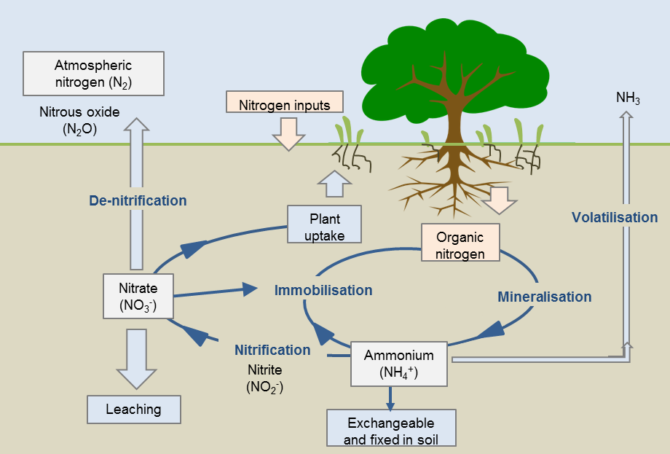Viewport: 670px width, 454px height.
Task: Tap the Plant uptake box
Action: click(x=324, y=224)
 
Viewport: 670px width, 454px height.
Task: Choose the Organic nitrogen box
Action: click(x=460, y=243)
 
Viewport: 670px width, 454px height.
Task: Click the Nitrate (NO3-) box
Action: click(x=138, y=297)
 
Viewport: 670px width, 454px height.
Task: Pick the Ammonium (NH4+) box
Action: click(x=399, y=364)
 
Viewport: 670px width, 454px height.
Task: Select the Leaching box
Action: click(x=133, y=409)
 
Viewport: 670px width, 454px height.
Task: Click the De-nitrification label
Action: click(x=138, y=200)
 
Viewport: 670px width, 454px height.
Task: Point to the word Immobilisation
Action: click(x=323, y=290)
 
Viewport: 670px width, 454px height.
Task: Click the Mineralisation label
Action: click(x=544, y=297)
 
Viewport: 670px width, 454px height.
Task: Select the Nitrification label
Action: click(x=272, y=350)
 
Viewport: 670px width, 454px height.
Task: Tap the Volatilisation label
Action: click(x=614, y=217)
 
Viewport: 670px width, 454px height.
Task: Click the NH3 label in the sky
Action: click(x=628, y=98)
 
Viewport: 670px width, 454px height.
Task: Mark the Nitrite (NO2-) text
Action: click(x=264, y=378)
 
